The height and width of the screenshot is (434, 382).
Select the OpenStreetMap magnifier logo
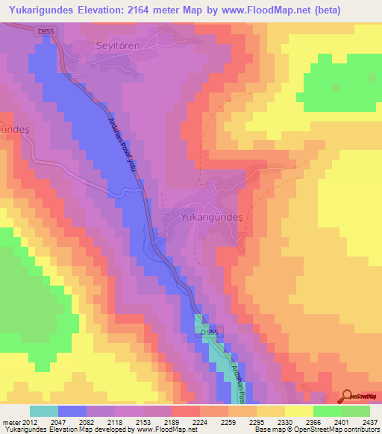[358, 396]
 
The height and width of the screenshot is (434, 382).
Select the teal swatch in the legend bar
[44, 411]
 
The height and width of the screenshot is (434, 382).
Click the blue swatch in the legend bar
[72, 411]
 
